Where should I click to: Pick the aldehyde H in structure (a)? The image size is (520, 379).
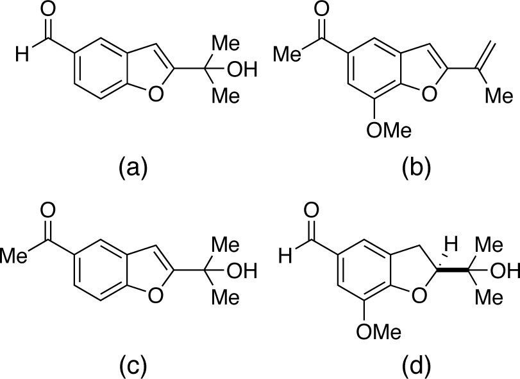coord(24,55)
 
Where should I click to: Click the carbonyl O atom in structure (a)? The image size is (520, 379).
coord(47,10)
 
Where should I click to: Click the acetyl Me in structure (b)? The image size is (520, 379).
coord(290,54)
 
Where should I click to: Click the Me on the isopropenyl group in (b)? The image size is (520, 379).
coord(499,97)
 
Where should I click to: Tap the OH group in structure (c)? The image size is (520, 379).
coord(240,271)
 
